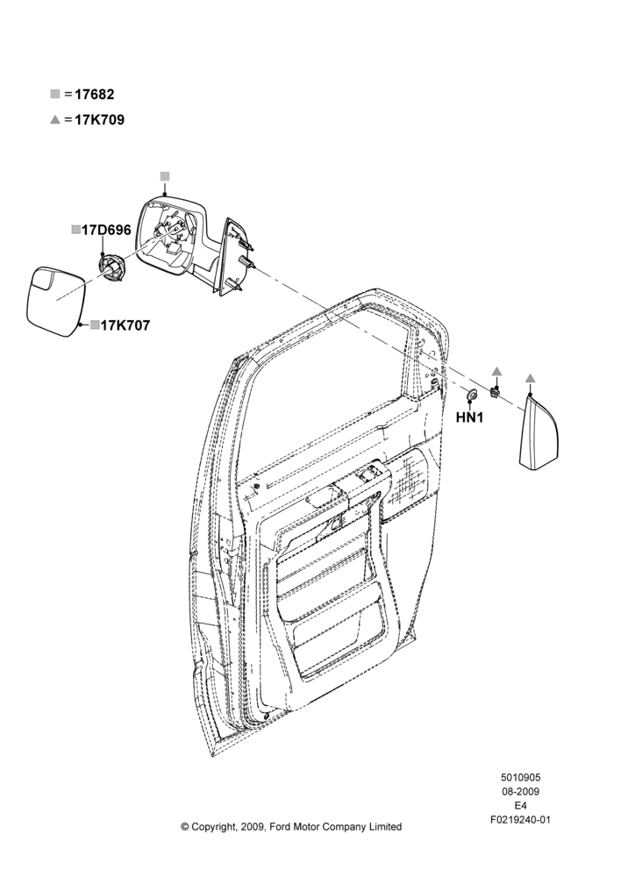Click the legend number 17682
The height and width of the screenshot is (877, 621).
click(x=95, y=95)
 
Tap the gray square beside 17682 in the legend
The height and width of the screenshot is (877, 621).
click(x=55, y=94)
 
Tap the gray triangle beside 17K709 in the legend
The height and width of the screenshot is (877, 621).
click(x=55, y=119)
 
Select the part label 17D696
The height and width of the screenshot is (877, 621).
click(x=106, y=230)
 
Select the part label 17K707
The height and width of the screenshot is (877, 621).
click(x=125, y=325)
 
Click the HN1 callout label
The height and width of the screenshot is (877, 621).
click(x=469, y=417)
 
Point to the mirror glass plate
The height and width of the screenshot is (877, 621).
click(x=55, y=302)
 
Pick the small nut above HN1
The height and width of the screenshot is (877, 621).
click(x=472, y=396)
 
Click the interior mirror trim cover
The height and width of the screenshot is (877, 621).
click(x=539, y=431)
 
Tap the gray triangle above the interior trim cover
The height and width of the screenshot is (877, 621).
click(x=530, y=379)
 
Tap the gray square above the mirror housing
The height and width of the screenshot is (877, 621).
click(x=165, y=176)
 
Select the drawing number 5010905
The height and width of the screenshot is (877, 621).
click(x=520, y=777)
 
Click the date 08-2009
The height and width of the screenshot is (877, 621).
click(x=520, y=791)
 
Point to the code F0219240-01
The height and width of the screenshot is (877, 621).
click(x=520, y=820)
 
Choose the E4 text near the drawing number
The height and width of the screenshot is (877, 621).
click(x=520, y=806)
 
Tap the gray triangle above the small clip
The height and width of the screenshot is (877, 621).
click(x=496, y=371)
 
